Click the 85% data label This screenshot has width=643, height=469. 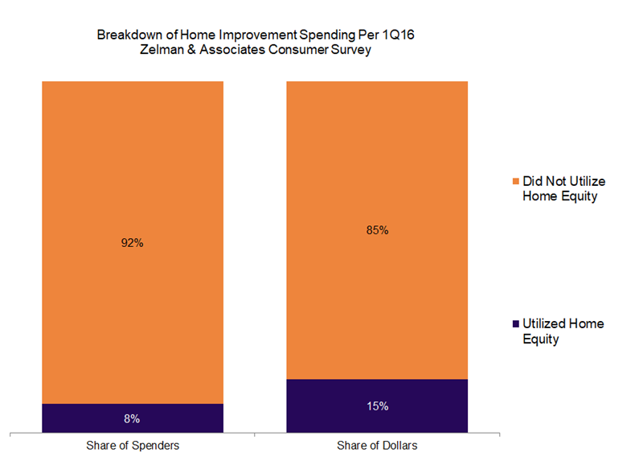point(377,230)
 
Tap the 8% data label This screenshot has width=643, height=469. point(132,418)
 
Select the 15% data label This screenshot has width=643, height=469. point(377,406)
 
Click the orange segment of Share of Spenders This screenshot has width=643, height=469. point(132,161)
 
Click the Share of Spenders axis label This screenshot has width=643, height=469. point(132,445)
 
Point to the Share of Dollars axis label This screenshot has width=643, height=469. point(377,445)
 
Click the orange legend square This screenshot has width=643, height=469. point(515,179)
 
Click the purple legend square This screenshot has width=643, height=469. point(515,324)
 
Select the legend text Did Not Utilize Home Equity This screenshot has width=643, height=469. point(560,187)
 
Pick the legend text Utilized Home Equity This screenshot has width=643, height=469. point(563,331)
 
